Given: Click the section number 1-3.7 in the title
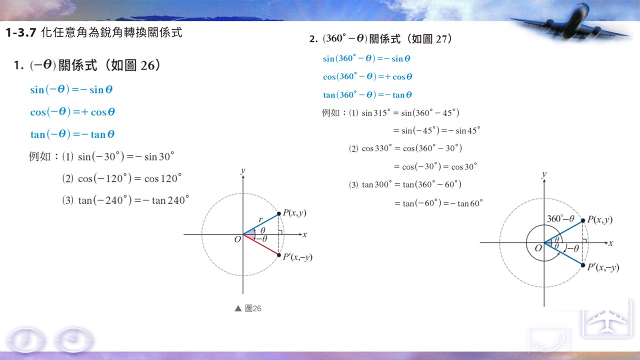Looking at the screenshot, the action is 21,32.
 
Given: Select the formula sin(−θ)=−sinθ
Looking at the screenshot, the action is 71,89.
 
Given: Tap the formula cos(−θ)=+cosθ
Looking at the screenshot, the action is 72,111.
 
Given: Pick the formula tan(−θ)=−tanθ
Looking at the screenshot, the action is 72,134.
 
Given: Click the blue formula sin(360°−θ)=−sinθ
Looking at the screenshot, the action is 366,58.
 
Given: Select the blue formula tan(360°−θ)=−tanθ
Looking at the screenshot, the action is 367,94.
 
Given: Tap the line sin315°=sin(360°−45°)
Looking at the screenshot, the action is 410,113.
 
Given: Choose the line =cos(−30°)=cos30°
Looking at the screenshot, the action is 435,166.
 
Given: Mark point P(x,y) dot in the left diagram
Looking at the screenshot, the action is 279,213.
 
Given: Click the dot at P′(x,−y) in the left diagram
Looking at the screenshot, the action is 279,255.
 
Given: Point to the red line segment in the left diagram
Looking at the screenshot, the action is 261,244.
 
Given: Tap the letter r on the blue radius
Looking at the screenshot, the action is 260,219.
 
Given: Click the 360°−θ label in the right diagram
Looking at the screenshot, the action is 560,219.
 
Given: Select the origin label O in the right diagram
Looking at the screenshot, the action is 538,248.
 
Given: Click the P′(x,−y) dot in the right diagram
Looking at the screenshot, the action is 583,265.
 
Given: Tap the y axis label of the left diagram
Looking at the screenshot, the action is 243,171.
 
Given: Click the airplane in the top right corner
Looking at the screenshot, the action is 570,24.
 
